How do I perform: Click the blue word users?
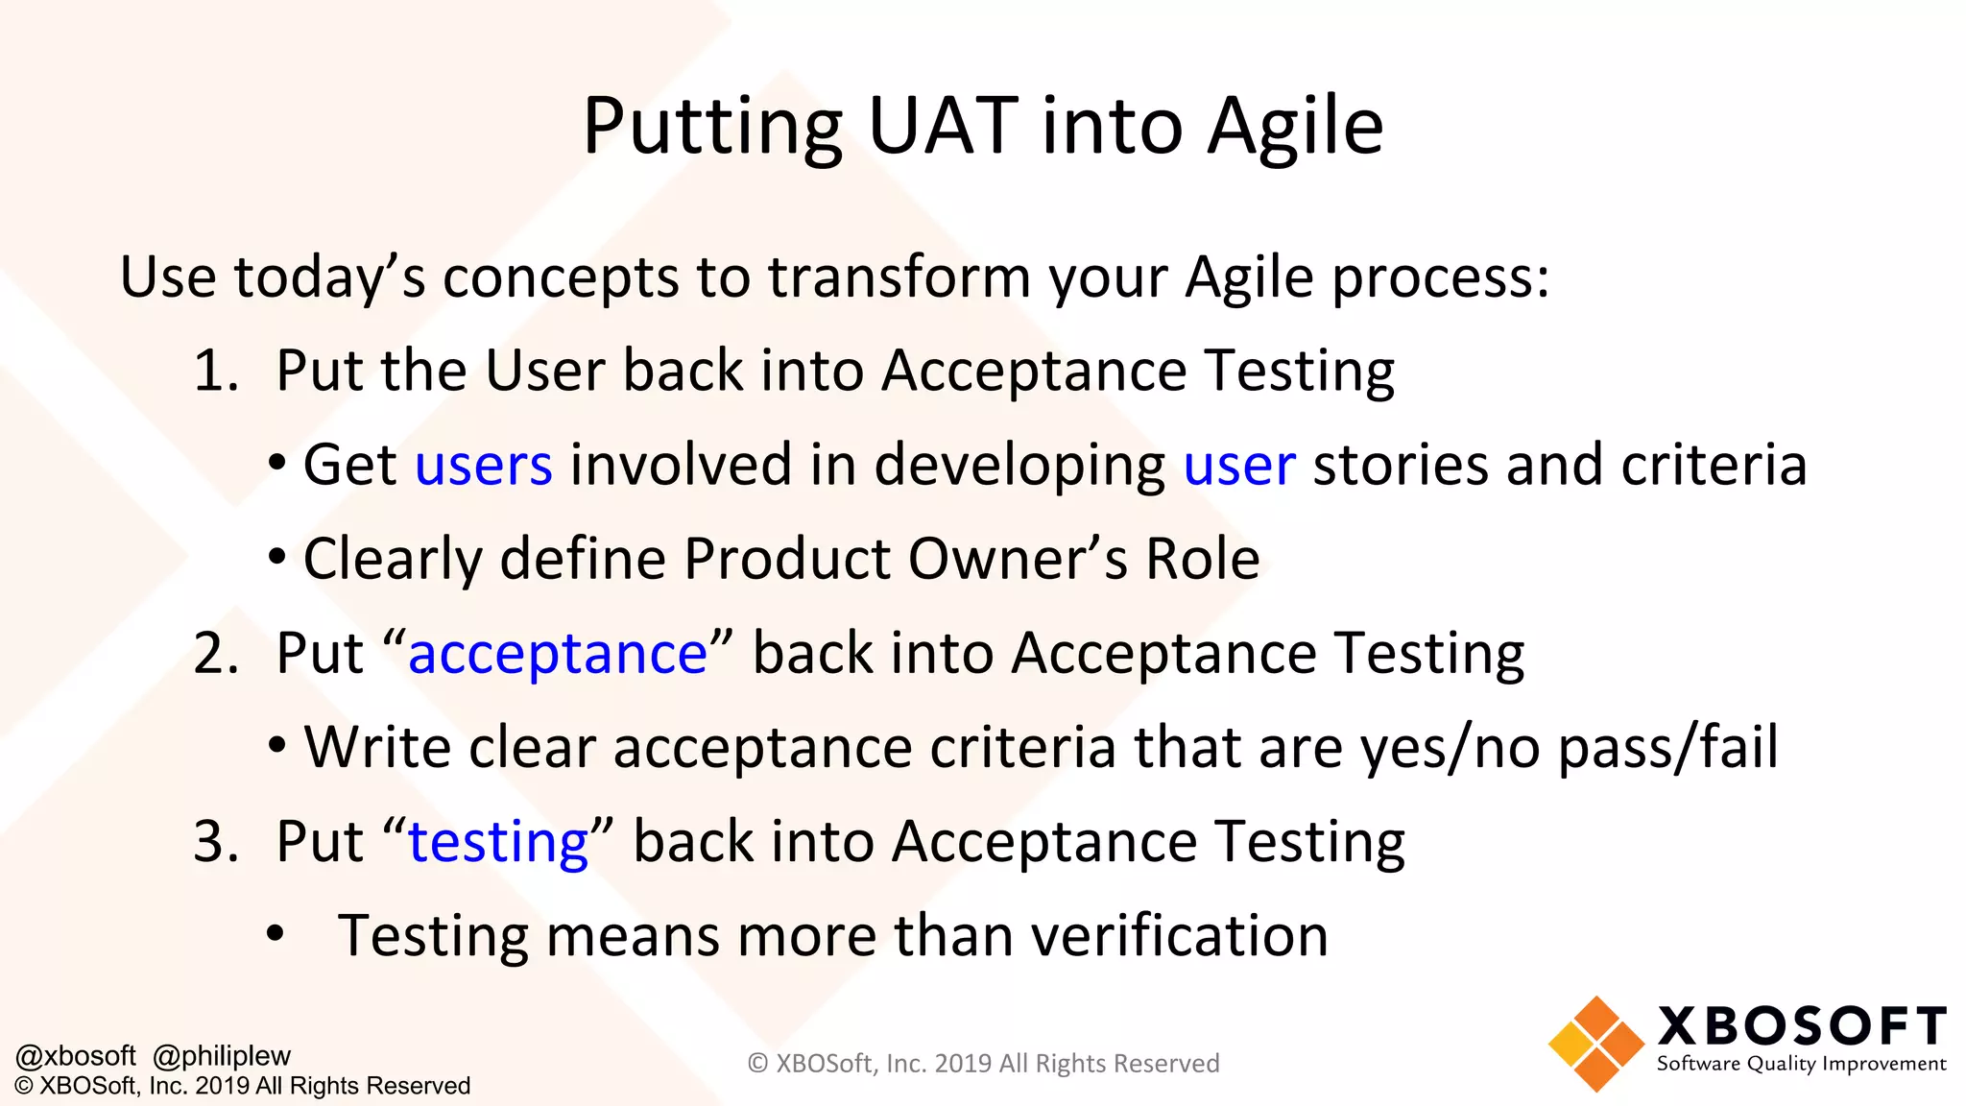(x=483, y=466)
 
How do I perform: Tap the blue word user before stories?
(x=1238, y=466)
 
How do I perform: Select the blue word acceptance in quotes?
(x=558, y=655)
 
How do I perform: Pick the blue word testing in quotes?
(x=498, y=843)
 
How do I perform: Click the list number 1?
(x=214, y=372)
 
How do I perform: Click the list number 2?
(x=214, y=655)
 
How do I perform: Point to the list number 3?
(x=214, y=843)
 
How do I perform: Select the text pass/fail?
(x=1667, y=748)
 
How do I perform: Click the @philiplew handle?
(x=221, y=1056)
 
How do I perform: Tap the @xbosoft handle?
(x=76, y=1056)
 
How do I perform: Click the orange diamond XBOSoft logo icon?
(x=1595, y=1044)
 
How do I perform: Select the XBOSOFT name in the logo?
(x=1801, y=1026)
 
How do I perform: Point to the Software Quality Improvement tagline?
(x=1801, y=1064)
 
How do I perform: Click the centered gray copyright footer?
(x=983, y=1064)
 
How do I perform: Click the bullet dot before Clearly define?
(x=277, y=558)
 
